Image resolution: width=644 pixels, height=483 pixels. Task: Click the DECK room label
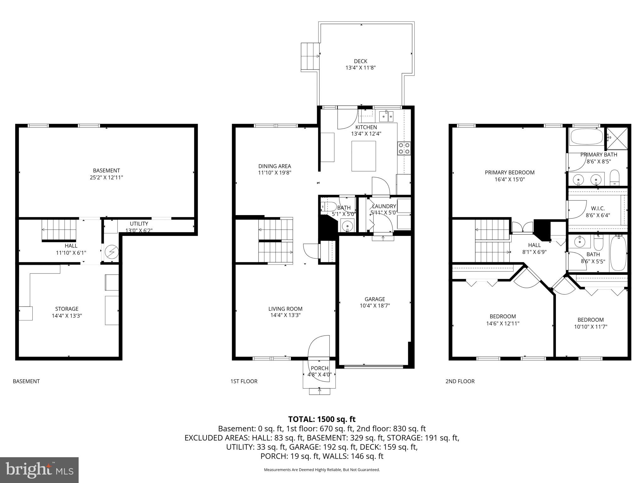(360, 61)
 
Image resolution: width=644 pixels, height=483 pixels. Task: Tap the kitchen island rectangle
(364, 156)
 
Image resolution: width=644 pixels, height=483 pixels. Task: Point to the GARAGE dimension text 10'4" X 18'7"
(375, 305)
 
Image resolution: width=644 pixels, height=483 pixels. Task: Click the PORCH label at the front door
(319, 368)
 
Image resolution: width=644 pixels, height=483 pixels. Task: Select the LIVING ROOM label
(285, 309)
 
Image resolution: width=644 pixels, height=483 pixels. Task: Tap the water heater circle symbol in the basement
(111, 252)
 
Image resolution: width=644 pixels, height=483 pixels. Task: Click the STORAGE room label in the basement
(67, 309)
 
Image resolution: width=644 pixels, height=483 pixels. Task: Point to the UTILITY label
(139, 224)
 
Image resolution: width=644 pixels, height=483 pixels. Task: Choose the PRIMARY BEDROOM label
(509, 172)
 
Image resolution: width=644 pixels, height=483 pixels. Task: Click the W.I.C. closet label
(597, 208)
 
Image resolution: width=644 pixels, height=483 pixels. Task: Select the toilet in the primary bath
(614, 178)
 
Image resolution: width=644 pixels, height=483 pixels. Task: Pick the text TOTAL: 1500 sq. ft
(322, 419)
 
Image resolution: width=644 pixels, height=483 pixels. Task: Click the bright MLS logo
(39, 470)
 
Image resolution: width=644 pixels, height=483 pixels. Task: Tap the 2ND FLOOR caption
(460, 381)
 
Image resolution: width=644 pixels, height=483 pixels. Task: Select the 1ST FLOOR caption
(244, 381)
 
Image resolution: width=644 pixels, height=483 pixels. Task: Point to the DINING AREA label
(275, 166)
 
